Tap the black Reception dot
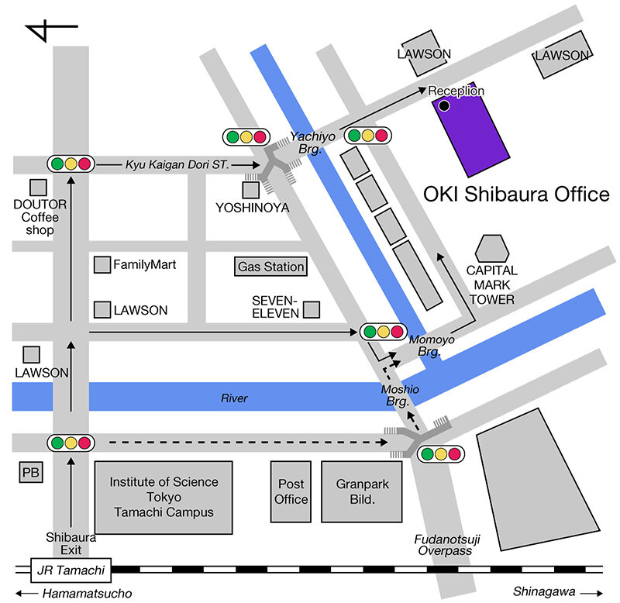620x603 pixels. [444, 105]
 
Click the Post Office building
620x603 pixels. [291, 491]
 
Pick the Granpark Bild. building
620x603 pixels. [362, 491]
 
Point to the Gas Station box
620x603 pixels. [270, 267]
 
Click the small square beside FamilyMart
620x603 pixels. [102, 265]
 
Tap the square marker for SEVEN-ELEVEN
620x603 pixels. [312, 310]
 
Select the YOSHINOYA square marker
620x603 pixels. [250, 190]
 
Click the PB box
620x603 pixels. [30, 473]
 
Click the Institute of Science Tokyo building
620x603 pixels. [164, 497]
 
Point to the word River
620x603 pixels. [234, 398]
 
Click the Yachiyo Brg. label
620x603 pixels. [312, 142]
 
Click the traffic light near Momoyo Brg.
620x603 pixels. [384, 332]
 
